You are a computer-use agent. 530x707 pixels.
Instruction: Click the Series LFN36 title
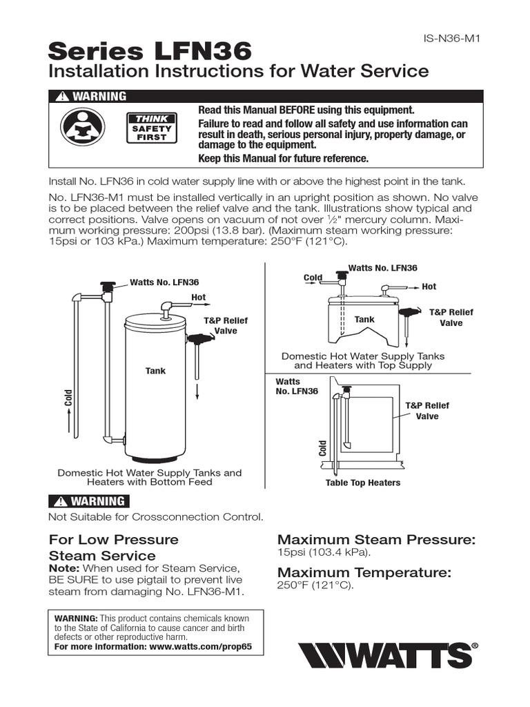pos(150,50)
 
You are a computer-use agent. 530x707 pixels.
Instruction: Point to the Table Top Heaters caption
pos(362,483)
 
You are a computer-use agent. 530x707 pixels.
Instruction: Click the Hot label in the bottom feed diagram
pos(199,298)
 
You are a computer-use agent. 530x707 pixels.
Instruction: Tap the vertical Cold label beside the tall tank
pos(69,398)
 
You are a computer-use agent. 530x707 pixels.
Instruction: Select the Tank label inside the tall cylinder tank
pos(155,371)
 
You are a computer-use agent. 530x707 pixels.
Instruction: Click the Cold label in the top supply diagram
pos(313,278)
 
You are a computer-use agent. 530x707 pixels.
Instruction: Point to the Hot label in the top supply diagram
pos(429,287)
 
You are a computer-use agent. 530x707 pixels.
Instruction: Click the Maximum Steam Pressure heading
pos(376,540)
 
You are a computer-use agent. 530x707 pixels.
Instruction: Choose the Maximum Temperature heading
pos(364,572)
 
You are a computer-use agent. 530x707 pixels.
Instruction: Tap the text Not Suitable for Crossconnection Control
pos(155,516)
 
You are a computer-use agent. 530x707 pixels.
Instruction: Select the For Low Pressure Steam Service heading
pos(113,548)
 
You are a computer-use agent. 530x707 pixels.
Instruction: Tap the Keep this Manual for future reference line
pos(284,159)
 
